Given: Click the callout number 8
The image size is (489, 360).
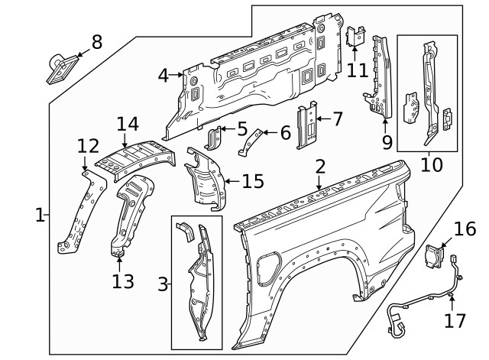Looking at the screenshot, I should [x=96, y=42].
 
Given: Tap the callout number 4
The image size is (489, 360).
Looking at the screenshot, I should [x=163, y=75].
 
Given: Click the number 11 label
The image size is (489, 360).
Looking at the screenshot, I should [x=357, y=70].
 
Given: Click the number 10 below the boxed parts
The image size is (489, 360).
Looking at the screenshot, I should [x=432, y=164].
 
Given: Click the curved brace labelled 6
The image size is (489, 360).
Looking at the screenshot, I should [x=251, y=141].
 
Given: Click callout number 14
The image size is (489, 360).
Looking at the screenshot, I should [x=128, y=125].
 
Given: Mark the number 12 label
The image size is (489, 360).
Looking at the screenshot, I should [x=88, y=145].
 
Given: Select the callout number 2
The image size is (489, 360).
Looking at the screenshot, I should [x=320, y=167].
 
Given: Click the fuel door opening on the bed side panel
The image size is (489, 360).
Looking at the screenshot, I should [x=269, y=266].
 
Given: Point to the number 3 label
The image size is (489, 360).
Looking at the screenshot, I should [x=162, y=284].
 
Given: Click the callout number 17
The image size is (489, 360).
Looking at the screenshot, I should [x=455, y=320].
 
